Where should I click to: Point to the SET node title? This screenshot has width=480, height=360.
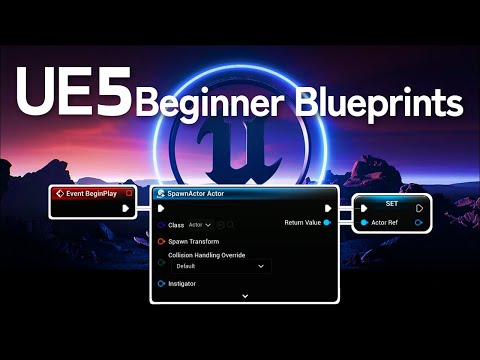pyautogui.click(x=392, y=203)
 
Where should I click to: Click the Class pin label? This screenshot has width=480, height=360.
pyautogui.click(x=176, y=225)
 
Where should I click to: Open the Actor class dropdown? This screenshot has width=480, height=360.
pyautogui.click(x=201, y=225)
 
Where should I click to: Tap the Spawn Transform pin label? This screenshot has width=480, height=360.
pyautogui.click(x=193, y=241)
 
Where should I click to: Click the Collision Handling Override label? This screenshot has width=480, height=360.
pyautogui.click(x=213, y=254)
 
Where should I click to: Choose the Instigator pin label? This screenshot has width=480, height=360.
pyautogui.click(x=182, y=284)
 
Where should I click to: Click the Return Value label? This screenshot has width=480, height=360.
pyautogui.click(x=303, y=222)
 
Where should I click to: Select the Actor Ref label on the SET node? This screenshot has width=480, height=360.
pyautogui.click(x=385, y=222)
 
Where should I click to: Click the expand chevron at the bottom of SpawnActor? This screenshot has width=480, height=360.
pyautogui.click(x=244, y=296)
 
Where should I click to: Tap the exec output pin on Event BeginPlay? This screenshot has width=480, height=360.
pyautogui.click(x=125, y=208)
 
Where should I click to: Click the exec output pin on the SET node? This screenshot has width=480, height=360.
pyautogui.click(x=419, y=209)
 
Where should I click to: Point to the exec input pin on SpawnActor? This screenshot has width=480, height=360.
pyautogui.click(x=161, y=209)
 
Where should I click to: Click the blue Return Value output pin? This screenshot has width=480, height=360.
pyautogui.click(x=327, y=222)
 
